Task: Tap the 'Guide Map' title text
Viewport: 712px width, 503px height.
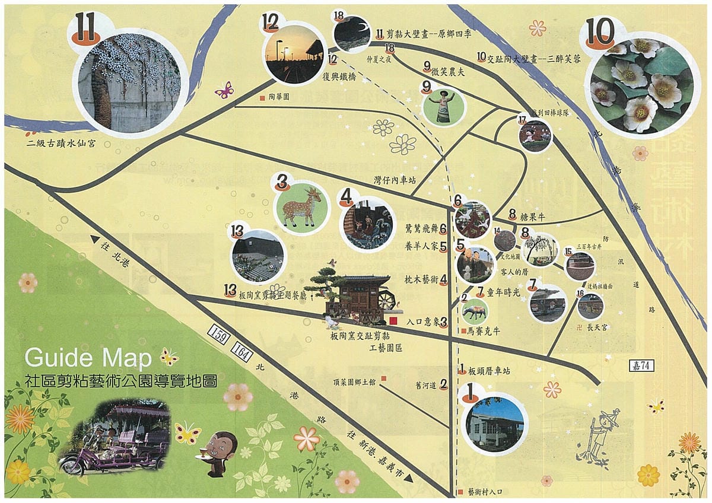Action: coord(91,358)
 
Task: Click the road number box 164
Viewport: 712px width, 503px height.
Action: coord(242,352)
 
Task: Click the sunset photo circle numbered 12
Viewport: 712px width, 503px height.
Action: coord(295,53)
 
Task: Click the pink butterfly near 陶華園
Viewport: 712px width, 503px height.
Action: coord(224,90)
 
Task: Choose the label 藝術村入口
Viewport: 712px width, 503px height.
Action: coord(484,492)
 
